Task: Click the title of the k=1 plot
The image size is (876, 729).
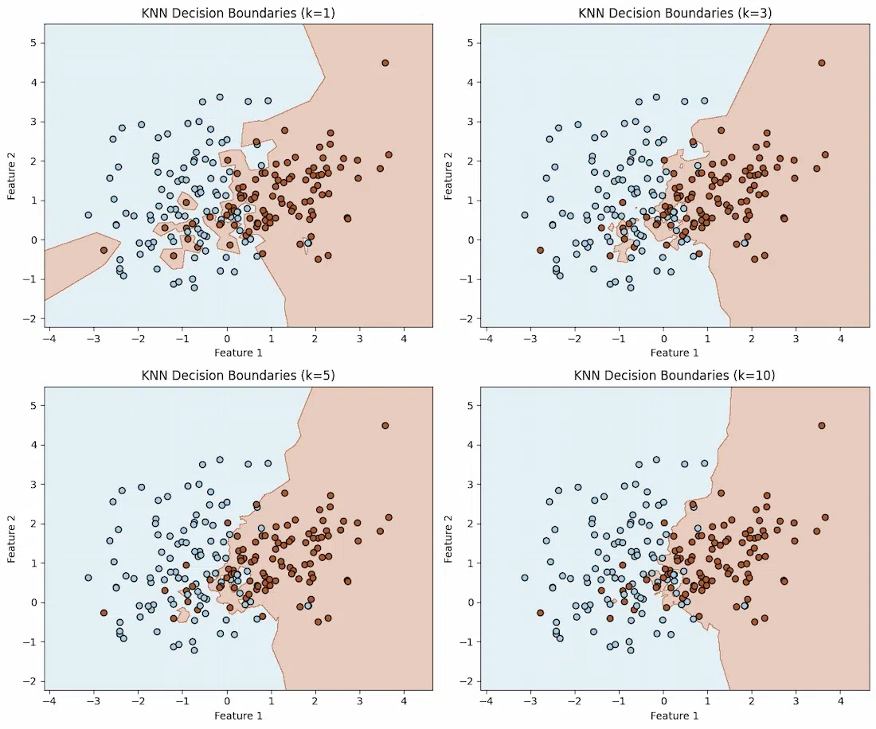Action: (238, 12)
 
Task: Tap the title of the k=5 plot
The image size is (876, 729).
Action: (238, 375)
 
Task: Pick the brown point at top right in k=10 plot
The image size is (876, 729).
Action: (821, 426)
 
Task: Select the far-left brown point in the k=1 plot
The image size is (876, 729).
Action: (104, 250)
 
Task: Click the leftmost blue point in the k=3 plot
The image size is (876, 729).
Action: (525, 215)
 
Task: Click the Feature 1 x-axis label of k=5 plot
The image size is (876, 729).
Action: (238, 715)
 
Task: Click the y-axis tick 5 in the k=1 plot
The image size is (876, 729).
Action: (33, 42)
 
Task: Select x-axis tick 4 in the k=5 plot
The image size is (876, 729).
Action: (404, 701)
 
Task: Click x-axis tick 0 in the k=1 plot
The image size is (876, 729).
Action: (227, 339)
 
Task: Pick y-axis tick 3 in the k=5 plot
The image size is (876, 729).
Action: (33, 484)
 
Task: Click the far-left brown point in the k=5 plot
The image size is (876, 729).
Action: (104, 613)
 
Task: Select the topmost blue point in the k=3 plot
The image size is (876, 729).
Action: (656, 97)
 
